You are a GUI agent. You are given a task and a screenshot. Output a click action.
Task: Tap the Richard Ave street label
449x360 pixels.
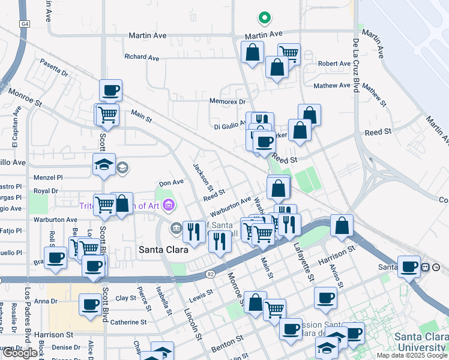click(x=142, y=57)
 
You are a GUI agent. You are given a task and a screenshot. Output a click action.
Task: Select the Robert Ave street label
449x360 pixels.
click(x=334, y=64)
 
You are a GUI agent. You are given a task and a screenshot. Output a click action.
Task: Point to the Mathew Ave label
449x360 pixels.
click(x=331, y=85)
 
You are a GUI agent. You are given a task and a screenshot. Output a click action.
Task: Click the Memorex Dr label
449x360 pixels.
click(x=228, y=101)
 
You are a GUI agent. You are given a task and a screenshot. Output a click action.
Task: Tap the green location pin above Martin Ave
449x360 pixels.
click(x=262, y=18)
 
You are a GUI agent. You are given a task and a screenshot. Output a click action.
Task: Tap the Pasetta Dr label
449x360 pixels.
click(x=54, y=67)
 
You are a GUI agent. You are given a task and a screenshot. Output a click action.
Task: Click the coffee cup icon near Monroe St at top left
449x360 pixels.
click(x=110, y=91)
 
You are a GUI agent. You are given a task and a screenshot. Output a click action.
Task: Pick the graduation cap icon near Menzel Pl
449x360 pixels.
click(x=104, y=164)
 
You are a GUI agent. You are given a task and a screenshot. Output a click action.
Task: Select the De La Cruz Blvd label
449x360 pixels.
click(x=355, y=66)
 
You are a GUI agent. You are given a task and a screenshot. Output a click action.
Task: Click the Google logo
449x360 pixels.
click(x=20, y=353)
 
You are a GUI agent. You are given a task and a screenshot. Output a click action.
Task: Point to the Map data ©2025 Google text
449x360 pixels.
click(x=412, y=355)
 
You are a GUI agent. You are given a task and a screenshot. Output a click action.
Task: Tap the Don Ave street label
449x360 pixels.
click(x=171, y=182)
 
